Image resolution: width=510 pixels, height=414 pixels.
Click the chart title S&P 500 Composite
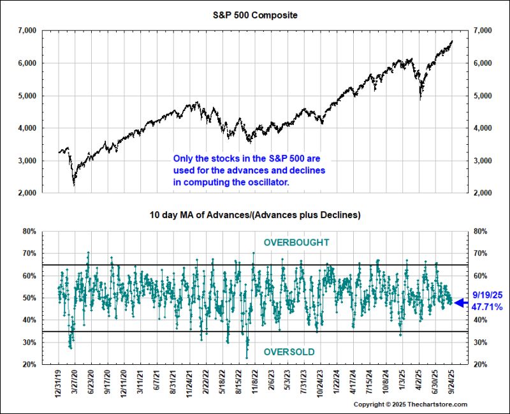tap(254, 13)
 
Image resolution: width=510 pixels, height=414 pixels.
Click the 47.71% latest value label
tap(488, 307)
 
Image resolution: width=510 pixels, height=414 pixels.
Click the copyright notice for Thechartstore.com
tap(410, 404)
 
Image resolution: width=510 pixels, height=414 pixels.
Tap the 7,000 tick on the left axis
tap(27, 31)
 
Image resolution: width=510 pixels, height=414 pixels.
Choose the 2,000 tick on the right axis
tap(481, 193)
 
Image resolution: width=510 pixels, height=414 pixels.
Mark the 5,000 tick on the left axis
tap(27, 96)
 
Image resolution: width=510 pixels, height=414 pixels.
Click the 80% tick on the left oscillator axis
tap(30, 232)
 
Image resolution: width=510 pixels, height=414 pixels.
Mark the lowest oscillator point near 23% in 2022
tap(247, 357)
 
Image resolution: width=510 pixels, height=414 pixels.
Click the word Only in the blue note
tap(183, 159)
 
